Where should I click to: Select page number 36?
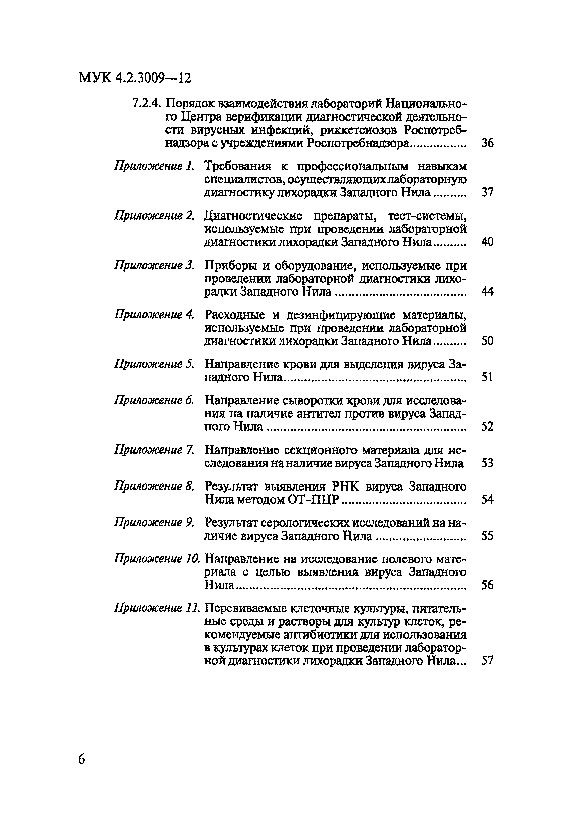(x=487, y=143)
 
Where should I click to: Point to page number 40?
(x=487, y=242)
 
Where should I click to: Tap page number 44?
(x=487, y=291)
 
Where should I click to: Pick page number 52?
(x=487, y=426)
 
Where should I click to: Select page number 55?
(x=487, y=536)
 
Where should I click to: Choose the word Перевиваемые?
(x=244, y=608)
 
